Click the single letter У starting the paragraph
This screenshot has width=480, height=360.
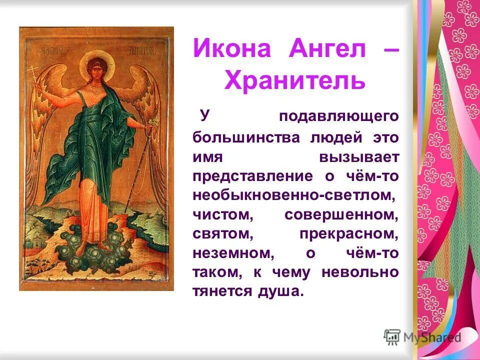(204, 115)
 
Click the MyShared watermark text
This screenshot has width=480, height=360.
(432, 337)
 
